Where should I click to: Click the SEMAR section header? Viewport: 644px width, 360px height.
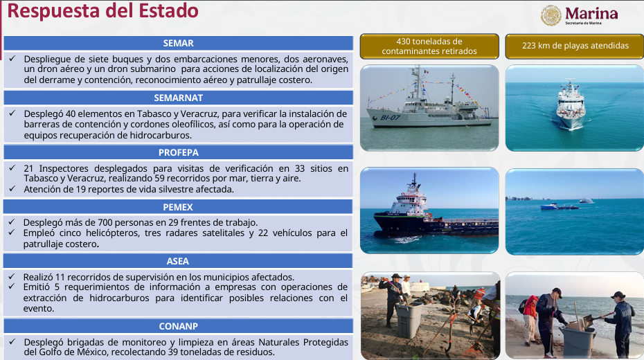point(178,43)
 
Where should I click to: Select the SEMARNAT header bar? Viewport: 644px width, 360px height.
point(178,98)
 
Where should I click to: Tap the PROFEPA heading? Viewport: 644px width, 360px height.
point(178,152)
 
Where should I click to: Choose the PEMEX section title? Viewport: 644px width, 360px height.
point(178,207)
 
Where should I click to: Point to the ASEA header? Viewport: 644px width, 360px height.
point(178,261)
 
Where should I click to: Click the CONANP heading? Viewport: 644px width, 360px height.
point(178,326)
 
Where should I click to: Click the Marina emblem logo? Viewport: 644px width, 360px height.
point(551,16)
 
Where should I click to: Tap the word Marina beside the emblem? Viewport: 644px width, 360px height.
point(591,14)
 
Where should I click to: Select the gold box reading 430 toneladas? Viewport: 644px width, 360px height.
point(429,46)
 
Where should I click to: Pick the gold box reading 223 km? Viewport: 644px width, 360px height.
point(575,46)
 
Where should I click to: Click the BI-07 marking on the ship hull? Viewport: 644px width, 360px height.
point(390,118)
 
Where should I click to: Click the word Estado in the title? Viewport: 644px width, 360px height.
point(168,10)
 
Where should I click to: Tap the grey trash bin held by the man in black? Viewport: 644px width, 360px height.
point(409,320)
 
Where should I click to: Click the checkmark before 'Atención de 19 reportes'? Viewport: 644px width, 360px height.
point(12,189)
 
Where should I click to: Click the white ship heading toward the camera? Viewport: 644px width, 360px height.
point(570,105)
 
